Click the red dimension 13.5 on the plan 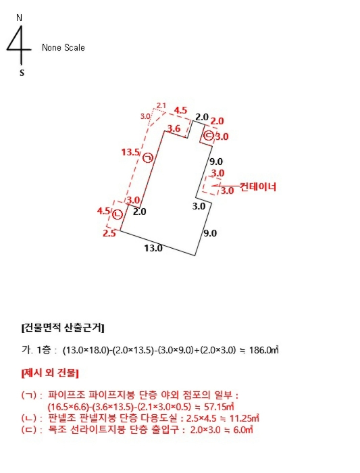pyautogui.click(x=130, y=152)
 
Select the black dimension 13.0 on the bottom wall pyautogui.click(x=153, y=248)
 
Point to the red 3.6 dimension pyautogui.click(x=174, y=128)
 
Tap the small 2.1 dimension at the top pyautogui.click(x=161, y=105)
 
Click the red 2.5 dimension pyautogui.click(x=109, y=233)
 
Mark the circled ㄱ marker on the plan pyautogui.click(x=148, y=158)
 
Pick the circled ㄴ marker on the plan pyautogui.click(x=117, y=215)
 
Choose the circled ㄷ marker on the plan pyautogui.click(x=208, y=136)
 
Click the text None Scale pyautogui.click(x=63, y=48)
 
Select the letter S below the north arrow pyautogui.click(x=22, y=72)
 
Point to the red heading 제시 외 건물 pyautogui.click(x=51, y=372)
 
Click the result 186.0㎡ pyautogui.click(x=264, y=351)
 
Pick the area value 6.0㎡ pyautogui.click(x=240, y=429)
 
